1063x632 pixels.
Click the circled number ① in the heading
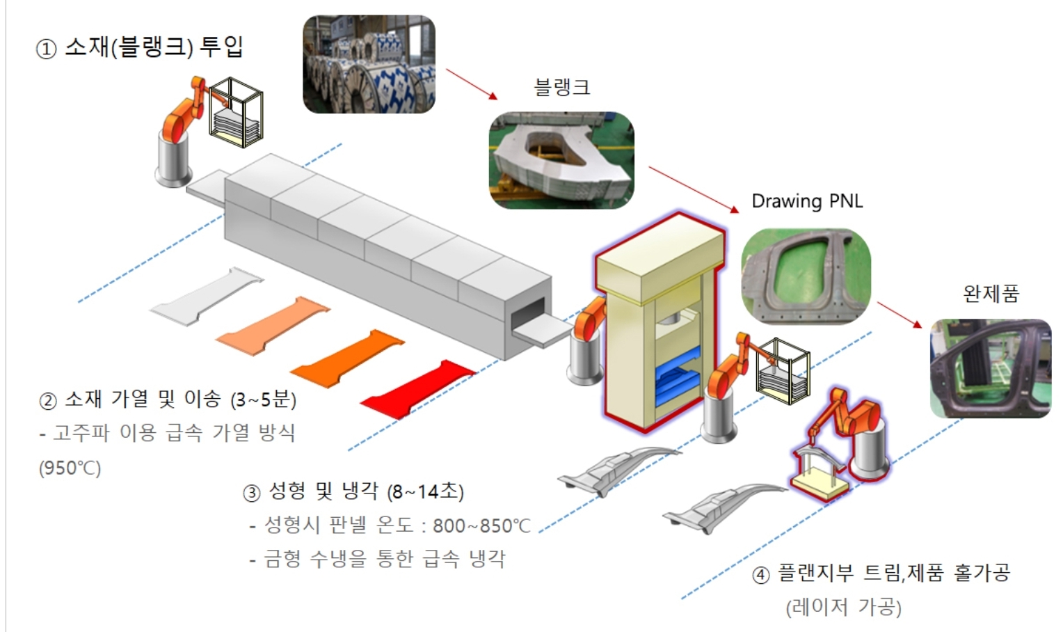45,50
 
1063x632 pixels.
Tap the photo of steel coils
369,64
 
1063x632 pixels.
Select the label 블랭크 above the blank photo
561,88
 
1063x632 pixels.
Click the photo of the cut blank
561,160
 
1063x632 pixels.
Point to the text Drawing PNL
807,201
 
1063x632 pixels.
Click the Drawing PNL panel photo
806,276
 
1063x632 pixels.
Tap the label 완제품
991,294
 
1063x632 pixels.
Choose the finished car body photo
991,368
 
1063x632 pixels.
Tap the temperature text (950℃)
70,468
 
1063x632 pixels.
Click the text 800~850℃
481,526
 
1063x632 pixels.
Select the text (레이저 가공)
843,607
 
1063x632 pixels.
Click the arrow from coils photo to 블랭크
472,84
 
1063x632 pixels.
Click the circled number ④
761,576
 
